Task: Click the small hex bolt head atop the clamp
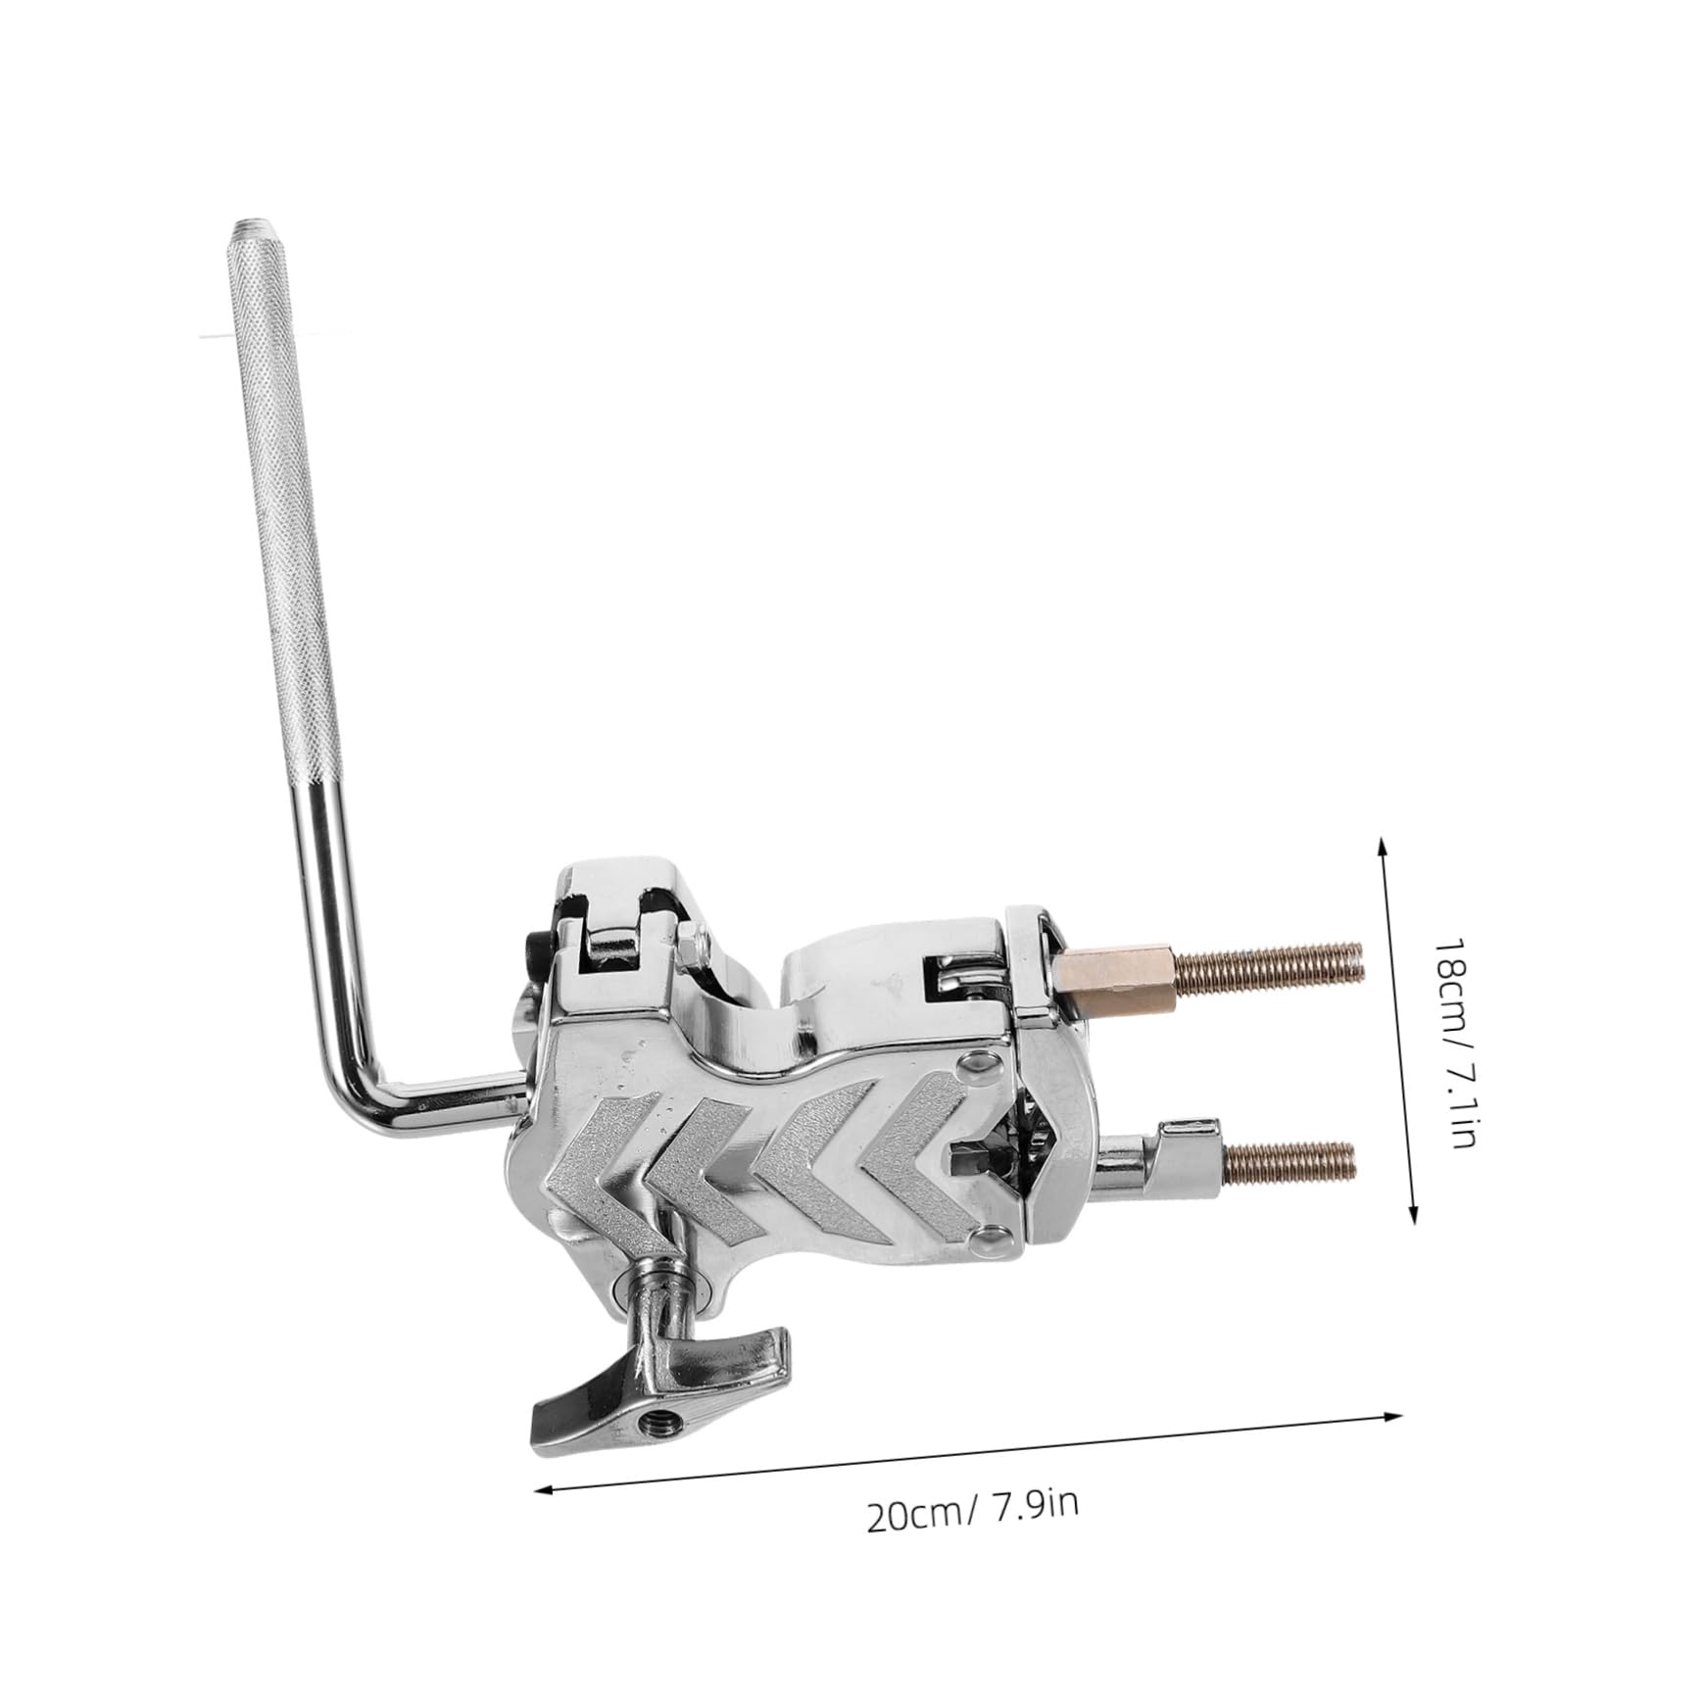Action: click(691, 938)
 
